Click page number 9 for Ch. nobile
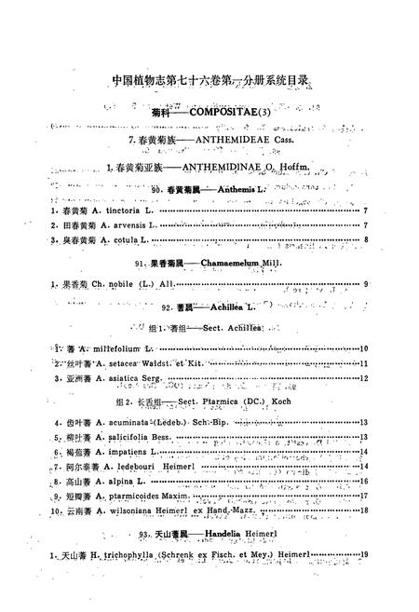[367, 283]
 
